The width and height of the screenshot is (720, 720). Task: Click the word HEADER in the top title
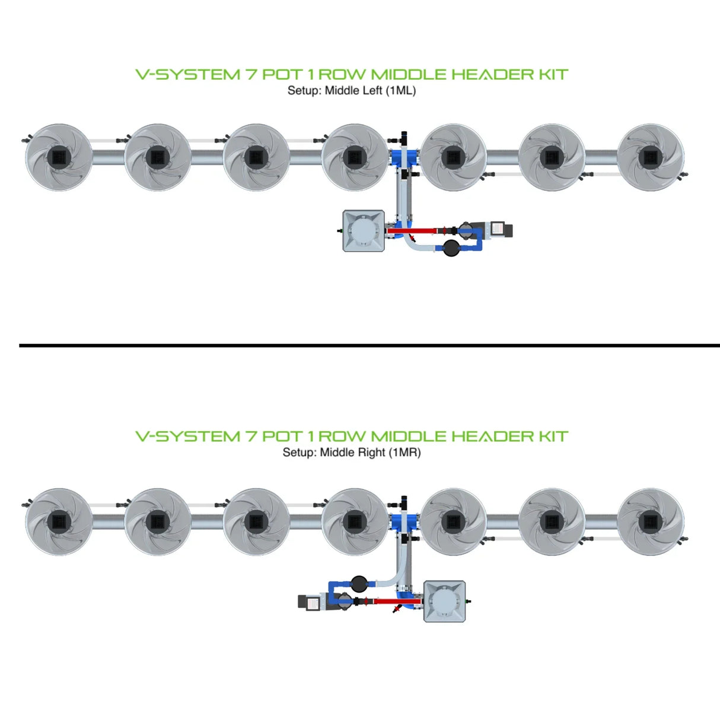(492, 75)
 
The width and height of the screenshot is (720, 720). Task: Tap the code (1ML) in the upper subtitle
(401, 91)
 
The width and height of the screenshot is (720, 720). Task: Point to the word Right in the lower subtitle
(371, 453)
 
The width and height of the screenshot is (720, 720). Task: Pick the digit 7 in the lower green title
(251, 437)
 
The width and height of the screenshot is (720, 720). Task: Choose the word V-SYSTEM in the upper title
(187, 75)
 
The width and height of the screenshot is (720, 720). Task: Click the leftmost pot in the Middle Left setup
(59, 157)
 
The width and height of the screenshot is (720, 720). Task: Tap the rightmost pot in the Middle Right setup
(650, 522)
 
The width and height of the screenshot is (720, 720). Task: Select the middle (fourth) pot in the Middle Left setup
(354, 157)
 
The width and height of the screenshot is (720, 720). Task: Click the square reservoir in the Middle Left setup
(364, 231)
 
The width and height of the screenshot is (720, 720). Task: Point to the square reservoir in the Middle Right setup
(444, 601)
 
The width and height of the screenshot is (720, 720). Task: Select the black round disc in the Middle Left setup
(451, 248)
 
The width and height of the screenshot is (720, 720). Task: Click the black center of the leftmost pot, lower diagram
(59, 522)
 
